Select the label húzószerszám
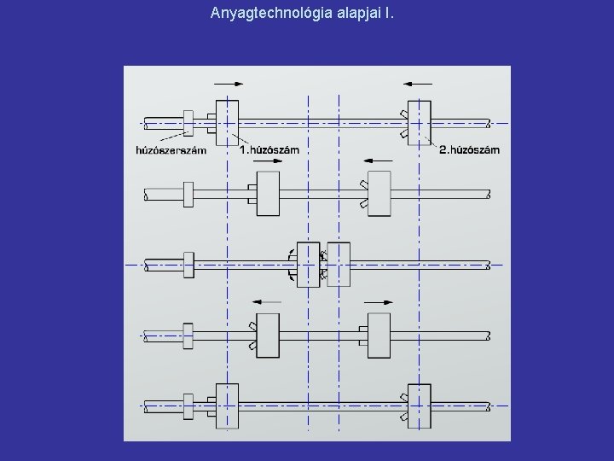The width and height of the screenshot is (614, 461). (x=171, y=151)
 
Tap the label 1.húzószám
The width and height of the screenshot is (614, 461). (x=269, y=150)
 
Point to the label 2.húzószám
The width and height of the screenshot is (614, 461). (x=469, y=150)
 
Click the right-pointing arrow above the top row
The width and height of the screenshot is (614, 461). (x=229, y=84)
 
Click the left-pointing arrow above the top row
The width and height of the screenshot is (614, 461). (x=417, y=84)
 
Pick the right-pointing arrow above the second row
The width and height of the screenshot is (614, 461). (x=264, y=159)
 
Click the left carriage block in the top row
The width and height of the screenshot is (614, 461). (x=227, y=123)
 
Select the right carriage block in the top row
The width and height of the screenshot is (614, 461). (x=420, y=123)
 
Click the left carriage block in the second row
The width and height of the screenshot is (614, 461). (x=268, y=194)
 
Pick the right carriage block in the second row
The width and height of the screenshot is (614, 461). (x=379, y=194)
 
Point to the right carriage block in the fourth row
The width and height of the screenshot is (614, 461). (x=379, y=335)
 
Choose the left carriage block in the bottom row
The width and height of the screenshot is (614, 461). (x=227, y=406)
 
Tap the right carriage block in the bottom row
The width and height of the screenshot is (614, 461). (x=420, y=406)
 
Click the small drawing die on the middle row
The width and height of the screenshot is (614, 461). (x=188, y=265)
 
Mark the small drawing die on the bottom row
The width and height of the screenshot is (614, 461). (x=188, y=406)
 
